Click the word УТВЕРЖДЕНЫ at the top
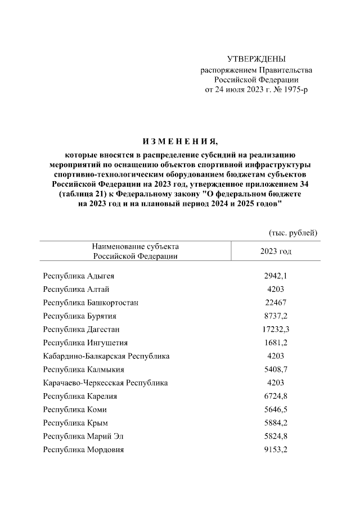[256, 59]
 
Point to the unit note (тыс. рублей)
[291, 232]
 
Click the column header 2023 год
[276, 251]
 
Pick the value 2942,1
[276, 276]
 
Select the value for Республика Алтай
[276, 289]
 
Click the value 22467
[276, 303]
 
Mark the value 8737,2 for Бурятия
[276, 316]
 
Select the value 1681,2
[276, 343]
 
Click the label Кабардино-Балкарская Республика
[106, 356]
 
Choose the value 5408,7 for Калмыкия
[276, 370]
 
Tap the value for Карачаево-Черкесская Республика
[276, 382]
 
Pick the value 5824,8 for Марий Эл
[276, 436]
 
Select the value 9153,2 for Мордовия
[276, 449]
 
